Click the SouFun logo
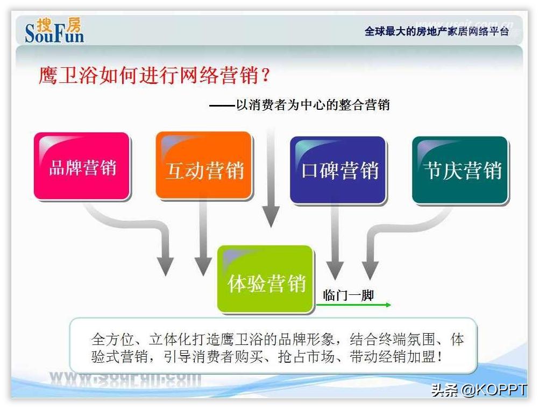pyautogui.click(x=54, y=30)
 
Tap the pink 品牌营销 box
pyautogui.click(x=82, y=167)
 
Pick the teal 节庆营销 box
pyautogui.click(x=460, y=170)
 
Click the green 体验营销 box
pyautogui.click(x=265, y=279)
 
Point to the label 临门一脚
pyautogui.click(x=348, y=295)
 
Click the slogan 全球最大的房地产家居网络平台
pyautogui.click(x=436, y=31)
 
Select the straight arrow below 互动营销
pyautogui.click(x=203, y=237)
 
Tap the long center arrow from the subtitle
pyautogui.click(x=271, y=172)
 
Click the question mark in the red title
pyautogui.click(x=265, y=75)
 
